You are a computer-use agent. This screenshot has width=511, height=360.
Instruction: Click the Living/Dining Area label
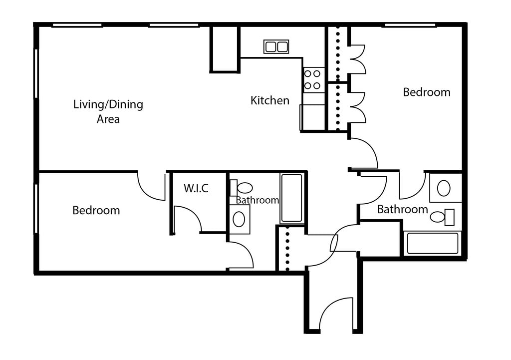tap(108, 111)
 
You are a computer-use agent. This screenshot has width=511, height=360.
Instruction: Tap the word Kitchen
tap(269, 100)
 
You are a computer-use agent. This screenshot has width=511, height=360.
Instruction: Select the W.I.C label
tap(196, 188)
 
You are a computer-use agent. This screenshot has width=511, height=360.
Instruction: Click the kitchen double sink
tap(276, 47)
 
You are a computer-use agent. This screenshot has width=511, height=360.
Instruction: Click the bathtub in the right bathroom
tap(433, 243)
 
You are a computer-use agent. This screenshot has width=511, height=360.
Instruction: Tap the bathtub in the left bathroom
tap(291, 198)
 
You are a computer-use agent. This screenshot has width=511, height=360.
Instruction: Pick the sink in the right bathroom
tap(444, 188)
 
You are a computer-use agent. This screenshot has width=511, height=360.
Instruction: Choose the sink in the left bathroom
tap(239, 219)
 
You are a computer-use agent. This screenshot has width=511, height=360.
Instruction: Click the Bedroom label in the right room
tap(426, 92)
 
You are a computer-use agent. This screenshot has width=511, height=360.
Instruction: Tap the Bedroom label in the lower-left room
tap(96, 210)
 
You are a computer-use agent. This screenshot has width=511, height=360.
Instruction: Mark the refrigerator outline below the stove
tap(312, 118)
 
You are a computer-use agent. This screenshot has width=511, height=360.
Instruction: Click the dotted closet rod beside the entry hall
tap(287, 248)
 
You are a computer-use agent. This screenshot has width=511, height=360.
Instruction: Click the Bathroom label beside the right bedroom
tap(402, 209)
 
